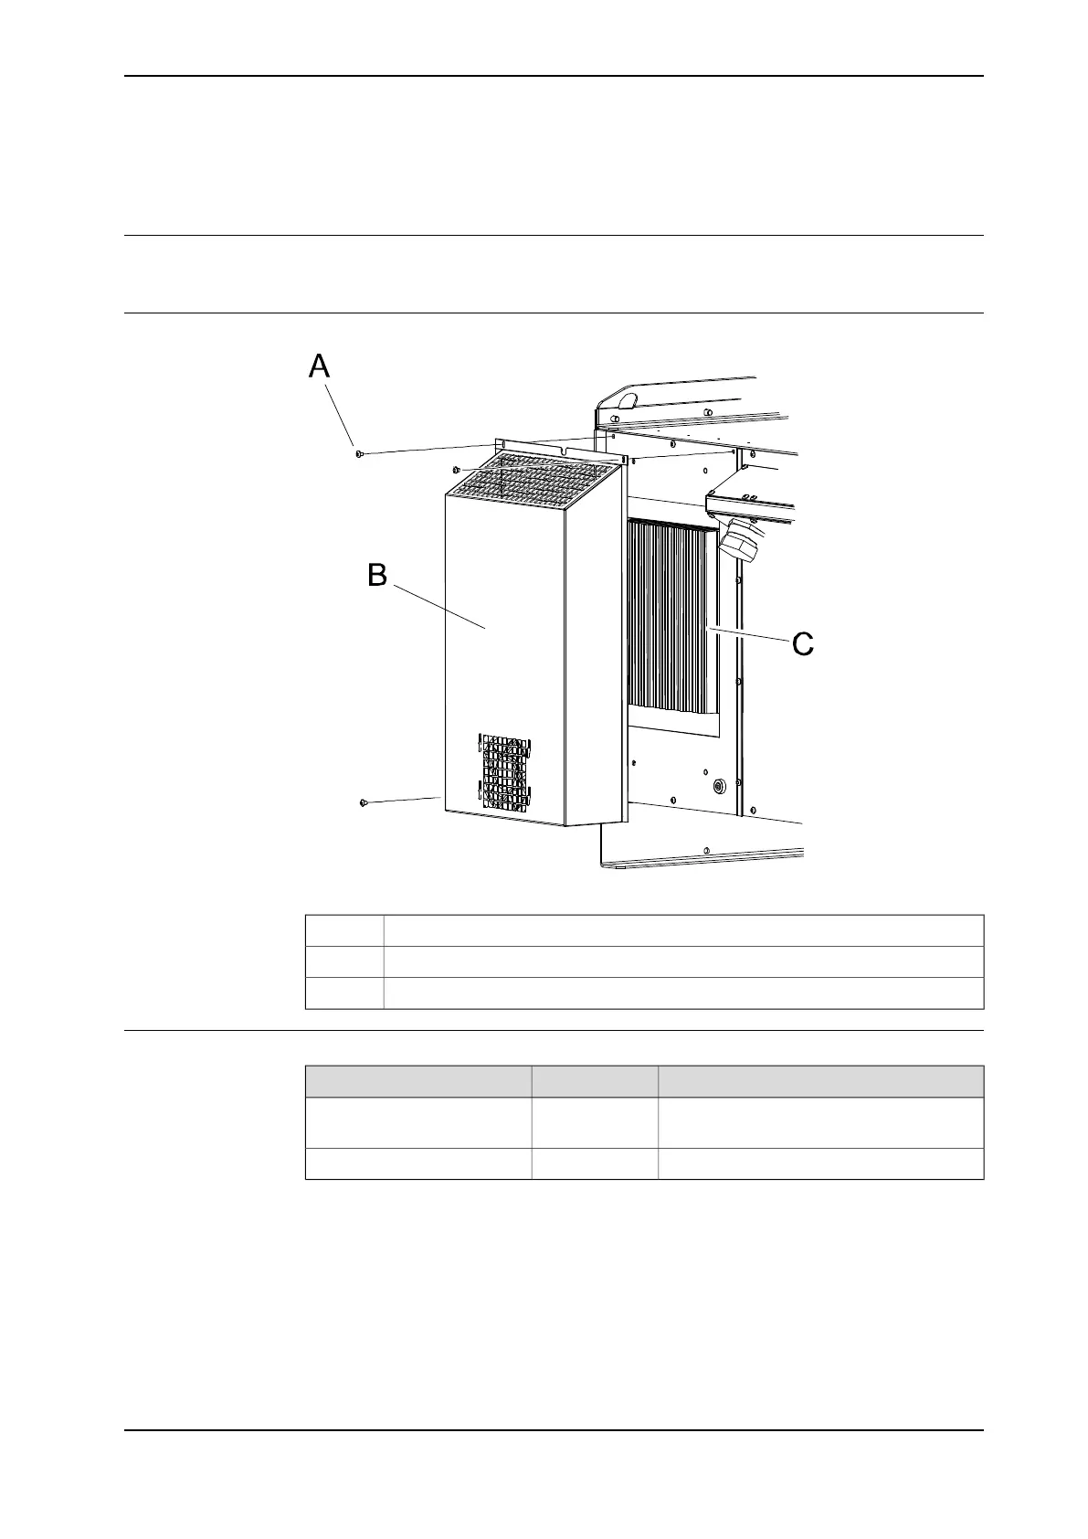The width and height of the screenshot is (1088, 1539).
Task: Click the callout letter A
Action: point(319,366)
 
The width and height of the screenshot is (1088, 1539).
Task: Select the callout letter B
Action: point(377,576)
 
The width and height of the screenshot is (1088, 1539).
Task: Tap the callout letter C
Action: point(802,644)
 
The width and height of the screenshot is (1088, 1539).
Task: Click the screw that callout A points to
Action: point(359,452)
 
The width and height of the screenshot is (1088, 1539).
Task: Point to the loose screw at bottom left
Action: point(364,802)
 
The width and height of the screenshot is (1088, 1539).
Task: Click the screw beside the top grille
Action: point(456,470)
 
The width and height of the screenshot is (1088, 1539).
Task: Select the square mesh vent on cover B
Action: point(503,772)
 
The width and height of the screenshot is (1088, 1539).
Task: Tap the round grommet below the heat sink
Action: point(717,785)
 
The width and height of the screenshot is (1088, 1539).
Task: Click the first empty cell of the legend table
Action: point(344,929)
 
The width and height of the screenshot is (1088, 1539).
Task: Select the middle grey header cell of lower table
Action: point(594,1081)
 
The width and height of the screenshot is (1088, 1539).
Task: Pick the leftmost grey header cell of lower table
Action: point(417,1081)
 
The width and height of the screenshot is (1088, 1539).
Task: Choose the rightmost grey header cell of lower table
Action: point(819,1081)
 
